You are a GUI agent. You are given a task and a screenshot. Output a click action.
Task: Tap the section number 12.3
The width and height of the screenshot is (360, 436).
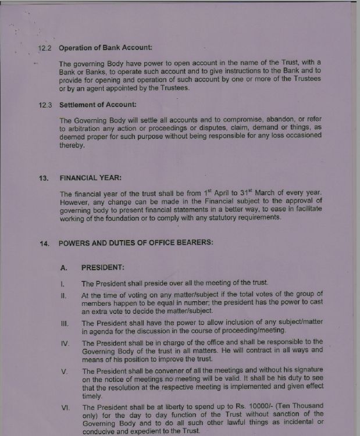pos(45,105)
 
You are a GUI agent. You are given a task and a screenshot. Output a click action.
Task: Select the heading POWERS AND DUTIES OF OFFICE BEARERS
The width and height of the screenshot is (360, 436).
pos(136,242)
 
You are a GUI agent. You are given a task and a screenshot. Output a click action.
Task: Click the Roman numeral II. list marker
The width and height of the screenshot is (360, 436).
pos(64,295)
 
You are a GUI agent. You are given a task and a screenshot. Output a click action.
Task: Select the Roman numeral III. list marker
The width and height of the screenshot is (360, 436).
pos(65,323)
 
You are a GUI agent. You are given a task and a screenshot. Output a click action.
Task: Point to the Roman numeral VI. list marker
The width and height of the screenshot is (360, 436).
pos(65,407)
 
